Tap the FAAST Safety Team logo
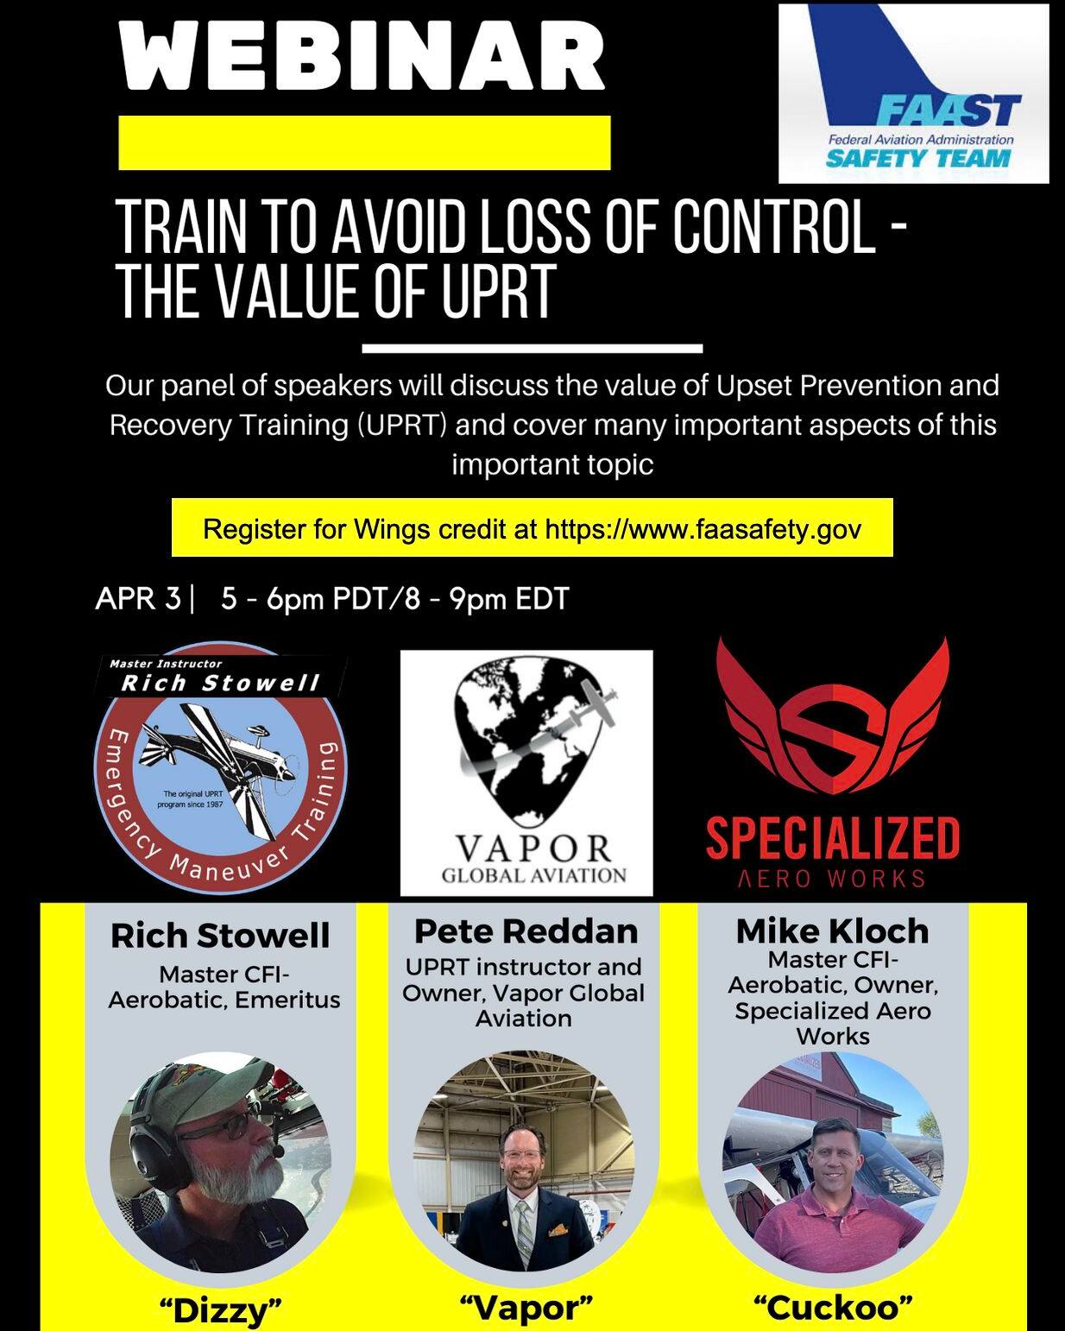(x=913, y=93)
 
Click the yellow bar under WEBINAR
(x=364, y=142)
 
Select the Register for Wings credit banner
(x=532, y=528)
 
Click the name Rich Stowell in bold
(x=220, y=937)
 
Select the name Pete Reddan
(x=526, y=931)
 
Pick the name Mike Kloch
(x=832, y=931)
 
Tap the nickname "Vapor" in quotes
(x=526, y=1308)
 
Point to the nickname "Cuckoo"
(x=833, y=1307)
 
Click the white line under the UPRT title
(x=532, y=349)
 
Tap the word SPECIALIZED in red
(x=832, y=839)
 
